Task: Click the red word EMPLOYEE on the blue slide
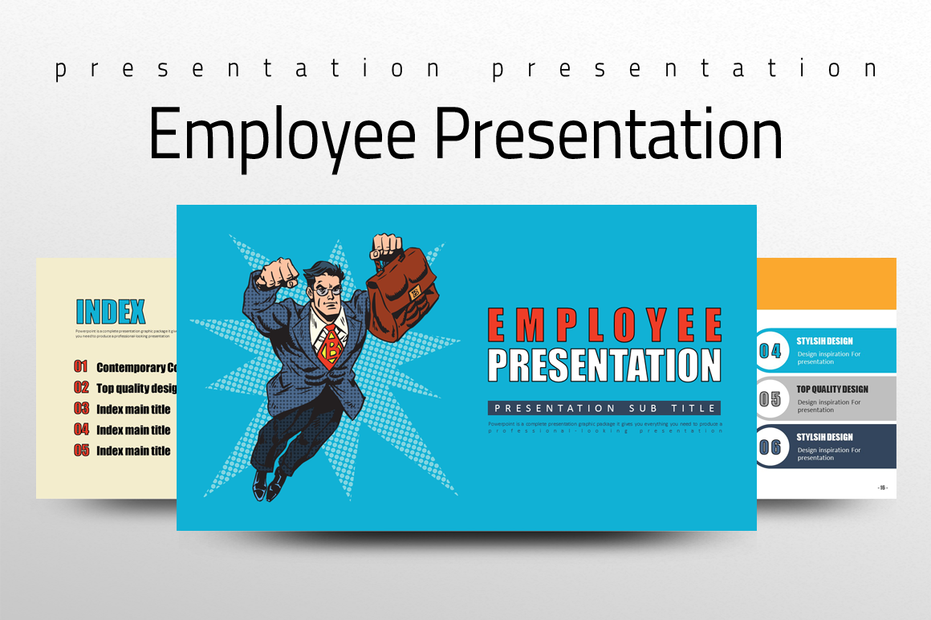pyautogui.click(x=604, y=325)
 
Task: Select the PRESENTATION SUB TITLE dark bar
pyautogui.click(x=604, y=408)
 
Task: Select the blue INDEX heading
pyautogui.click(x=111, y=312)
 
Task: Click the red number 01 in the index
pyautogui.click(x=81, y=367)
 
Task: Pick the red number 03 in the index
pyautogui.click(x=81, y=409)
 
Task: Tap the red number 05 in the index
pyautogui.click(x=81, y=451)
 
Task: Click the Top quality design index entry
pyautogui.click(x=136, y=388)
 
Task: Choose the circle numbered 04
pyautogui.click(x=770, y=351)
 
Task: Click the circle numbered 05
pyautogui.click(x=770, y=399)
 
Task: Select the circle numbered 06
pyautogui.click(x=770, y=447)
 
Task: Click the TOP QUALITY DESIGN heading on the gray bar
pyautogui.click(x=832, y=390)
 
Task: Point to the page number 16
pyautogui.click(x=882, y=487)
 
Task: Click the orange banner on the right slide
pyautogui.click(x=827, y=283)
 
